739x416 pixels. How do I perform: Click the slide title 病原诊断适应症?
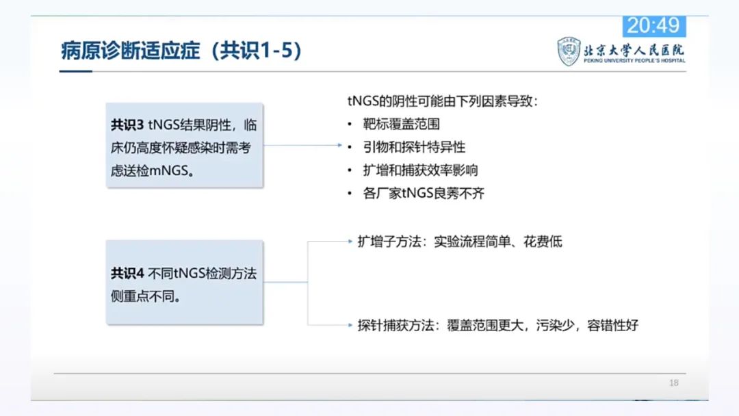tap(131, 51)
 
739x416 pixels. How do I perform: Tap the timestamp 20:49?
tap(653, 25)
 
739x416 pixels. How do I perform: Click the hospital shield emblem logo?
tap(569, 51)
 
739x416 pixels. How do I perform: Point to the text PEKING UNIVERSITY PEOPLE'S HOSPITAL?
tap(634, 61)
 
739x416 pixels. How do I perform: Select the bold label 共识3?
tap(127, 125)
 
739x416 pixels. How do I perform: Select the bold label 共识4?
tap(127, 273)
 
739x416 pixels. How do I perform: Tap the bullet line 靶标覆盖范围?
tap(401, 124)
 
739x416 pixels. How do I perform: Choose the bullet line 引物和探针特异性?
tap(414, 147)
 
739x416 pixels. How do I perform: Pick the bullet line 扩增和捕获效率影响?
tap(420, 170)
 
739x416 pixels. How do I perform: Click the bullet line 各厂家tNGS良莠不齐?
tap(424, 193)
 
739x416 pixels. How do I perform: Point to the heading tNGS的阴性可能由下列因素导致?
tap(442, 101)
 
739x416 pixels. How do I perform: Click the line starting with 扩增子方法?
tap(460, 242)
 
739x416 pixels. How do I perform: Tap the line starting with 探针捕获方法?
tap(497, 325)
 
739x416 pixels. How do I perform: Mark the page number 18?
tap(673, 383)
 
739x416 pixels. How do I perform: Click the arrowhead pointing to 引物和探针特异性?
tap(340, 145)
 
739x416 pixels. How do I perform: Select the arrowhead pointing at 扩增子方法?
tap(350, 242)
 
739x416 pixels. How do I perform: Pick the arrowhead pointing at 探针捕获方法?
tap(350, 325)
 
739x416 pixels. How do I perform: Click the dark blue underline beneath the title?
tap(75, 72)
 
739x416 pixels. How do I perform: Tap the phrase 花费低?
tap(543, 242)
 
